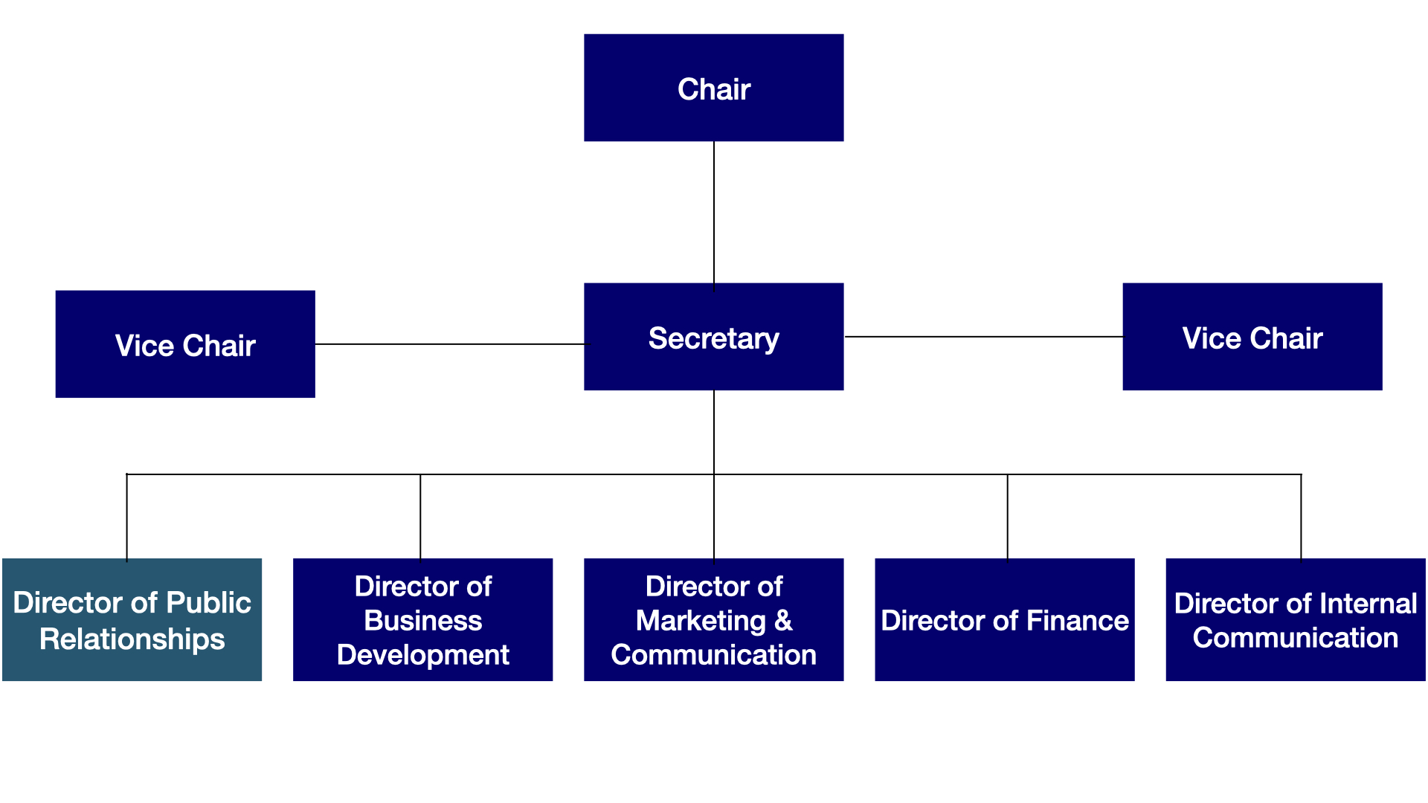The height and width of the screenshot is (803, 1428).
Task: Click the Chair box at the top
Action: [713, 88]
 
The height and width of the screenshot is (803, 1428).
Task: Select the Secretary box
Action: [713, 337]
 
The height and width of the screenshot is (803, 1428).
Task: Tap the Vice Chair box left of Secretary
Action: [185, 344]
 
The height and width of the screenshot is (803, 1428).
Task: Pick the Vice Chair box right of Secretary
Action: [1252, 337]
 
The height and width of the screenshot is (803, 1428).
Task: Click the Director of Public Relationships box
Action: [132, 619]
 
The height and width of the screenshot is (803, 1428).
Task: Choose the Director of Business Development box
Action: [422, 619]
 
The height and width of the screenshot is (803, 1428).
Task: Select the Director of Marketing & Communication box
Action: [713, 619]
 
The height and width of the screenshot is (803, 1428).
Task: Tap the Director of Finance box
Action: [1004, 619]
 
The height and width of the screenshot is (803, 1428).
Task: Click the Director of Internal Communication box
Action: [1295, 619]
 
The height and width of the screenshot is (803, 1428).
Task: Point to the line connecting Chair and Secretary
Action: [714, 212]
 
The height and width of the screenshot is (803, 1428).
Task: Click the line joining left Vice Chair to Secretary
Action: [449, 344]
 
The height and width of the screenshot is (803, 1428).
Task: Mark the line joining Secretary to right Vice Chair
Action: [983, 337]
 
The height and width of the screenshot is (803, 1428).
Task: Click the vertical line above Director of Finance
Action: [1008, 516]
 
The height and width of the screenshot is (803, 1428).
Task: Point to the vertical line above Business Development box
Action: [420, 516]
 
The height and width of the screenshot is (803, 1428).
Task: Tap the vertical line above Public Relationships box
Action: [127, 516]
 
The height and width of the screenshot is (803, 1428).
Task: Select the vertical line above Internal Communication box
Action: [1301, 516]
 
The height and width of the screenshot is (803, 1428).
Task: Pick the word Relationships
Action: [132, 639]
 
